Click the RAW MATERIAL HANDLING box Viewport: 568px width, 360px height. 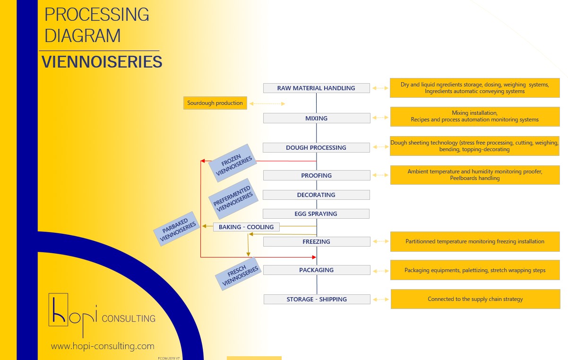317,88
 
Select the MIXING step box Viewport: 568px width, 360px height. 317,118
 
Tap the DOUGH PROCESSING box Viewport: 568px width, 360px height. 316,147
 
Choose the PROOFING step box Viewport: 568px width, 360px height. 317,175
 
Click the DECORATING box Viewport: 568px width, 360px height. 316,195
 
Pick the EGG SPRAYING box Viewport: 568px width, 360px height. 316,214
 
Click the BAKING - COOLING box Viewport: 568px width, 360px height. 246,227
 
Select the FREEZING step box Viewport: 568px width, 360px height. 317,241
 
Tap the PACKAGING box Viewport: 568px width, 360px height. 317,270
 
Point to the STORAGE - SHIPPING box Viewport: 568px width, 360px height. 317,299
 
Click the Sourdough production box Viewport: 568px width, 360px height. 215,103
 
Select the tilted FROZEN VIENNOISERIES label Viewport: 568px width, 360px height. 233,163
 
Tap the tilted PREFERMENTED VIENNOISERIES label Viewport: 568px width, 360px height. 233,198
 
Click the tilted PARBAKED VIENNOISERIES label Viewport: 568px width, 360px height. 177,229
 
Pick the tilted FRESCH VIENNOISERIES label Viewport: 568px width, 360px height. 238,274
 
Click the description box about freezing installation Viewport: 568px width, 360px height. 475,241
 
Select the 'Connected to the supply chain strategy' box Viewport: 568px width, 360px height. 475,299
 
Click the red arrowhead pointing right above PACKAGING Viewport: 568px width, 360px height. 314,257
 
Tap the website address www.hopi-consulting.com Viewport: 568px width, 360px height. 103,346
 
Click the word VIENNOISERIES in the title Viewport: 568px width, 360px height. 102,61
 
